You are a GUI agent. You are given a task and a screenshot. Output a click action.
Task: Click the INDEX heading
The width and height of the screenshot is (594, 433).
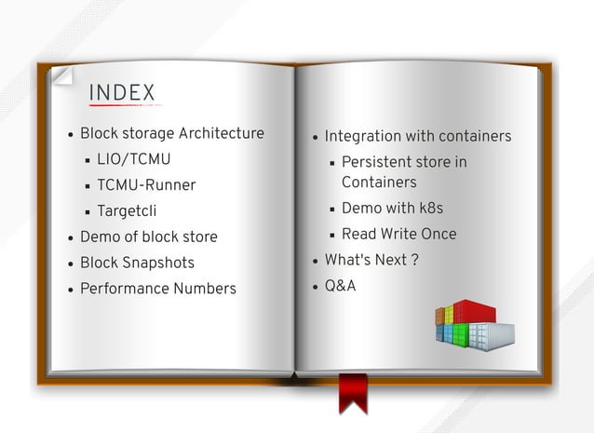[122, 93]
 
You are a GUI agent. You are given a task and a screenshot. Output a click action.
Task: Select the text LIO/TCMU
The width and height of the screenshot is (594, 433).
[134, 159]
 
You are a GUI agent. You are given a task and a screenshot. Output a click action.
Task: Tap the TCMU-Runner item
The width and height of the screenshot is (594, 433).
[146, 185]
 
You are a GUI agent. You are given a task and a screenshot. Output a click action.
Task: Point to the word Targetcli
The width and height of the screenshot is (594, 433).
[127, 211]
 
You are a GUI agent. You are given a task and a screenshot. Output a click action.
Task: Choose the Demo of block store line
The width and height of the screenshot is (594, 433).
[148, 237]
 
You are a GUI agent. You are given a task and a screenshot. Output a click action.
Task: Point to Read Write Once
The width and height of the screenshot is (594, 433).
[398, 234]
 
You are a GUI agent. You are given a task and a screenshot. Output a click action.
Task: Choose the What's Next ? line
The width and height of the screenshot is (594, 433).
[371, 260]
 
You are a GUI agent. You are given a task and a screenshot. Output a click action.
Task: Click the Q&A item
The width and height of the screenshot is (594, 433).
[340, 286]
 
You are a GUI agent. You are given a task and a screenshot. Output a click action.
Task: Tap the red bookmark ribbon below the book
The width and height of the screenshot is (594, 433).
[353, 392]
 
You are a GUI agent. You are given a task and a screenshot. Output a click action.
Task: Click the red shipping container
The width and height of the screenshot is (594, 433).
[476, 311]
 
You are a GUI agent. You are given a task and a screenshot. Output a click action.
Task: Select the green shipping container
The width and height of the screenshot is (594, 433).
[459, 332]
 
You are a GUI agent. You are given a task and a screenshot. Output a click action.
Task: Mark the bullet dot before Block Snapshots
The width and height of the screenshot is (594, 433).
[70, 264]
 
